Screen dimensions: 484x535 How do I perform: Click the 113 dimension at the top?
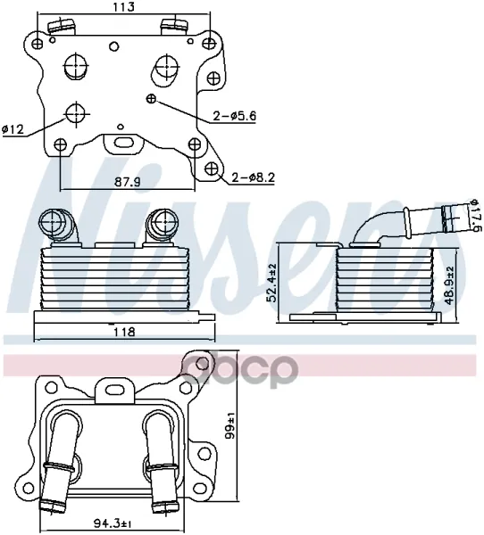tap(123, 7)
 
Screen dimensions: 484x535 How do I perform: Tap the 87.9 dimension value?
tap(127, 183)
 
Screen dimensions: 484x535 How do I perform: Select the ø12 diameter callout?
tap(13, 129)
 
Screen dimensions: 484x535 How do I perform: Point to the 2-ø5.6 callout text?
tap(235, 116)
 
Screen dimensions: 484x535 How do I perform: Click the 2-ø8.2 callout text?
tap(254, 177)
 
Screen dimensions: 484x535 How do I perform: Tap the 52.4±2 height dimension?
tap(272, 283)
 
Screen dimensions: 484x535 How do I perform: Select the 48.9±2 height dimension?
tap(450, 285)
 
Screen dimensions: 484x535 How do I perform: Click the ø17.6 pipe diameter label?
tap(477, 215)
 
